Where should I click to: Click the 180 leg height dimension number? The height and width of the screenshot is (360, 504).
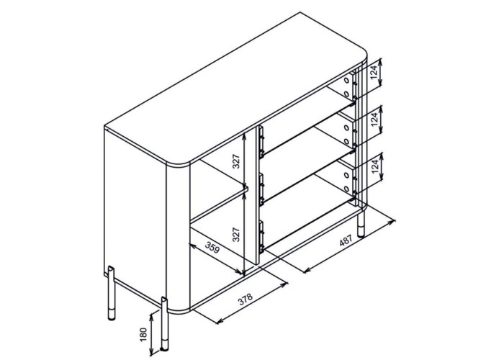pyautogui.click(x=144, y=335)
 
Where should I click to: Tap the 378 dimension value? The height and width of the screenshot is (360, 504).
pyautogui.click(x=246, y=299)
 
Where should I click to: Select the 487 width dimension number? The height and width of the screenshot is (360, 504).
pyautogui.click(x=346, y=240)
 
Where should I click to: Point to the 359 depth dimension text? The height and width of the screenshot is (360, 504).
pyautogui.click(x=212, y=248)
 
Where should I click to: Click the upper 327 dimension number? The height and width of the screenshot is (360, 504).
pyautogui.click(x=236, y=161)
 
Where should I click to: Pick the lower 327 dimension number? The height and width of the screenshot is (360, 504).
pyautogui.click(x=236, y=235)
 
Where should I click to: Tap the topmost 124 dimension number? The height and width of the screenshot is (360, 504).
pyautogui.click(x=374, y=72)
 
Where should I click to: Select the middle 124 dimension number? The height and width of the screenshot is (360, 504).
pyautogui.click(x=374, y=120)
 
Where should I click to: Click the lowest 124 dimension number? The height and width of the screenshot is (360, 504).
pyautogui.click(x=375, y=166)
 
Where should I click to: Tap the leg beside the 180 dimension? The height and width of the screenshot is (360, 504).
pyautogui.click(x=164, y=323)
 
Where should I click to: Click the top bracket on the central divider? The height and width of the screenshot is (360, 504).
pyautogui.click(x=261, y=142)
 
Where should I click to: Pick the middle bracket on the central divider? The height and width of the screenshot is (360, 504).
pyautogui.click(x=261, y=189)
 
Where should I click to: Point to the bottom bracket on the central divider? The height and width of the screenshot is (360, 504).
pyautogui.click(x=261, y=236)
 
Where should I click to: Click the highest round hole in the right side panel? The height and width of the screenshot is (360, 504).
pyautogui.click(x=346, y=79)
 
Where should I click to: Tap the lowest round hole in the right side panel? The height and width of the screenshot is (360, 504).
pyautogui.click(x=346, y=189)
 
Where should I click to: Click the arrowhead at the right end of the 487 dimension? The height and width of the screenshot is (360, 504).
pyautogui.click(x=392, y=221)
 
